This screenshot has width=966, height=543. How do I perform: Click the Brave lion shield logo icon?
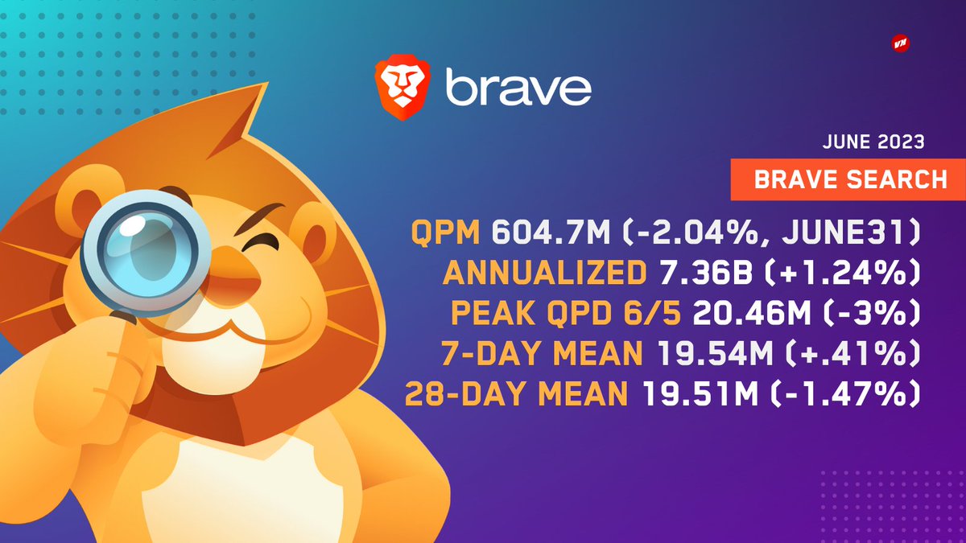(400, 84)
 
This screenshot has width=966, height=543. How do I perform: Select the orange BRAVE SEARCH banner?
(850, 179)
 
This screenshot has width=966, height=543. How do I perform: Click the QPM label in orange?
(445, 235)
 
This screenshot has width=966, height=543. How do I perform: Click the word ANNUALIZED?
(545, 275)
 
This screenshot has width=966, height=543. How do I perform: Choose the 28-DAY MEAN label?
(516, 394)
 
